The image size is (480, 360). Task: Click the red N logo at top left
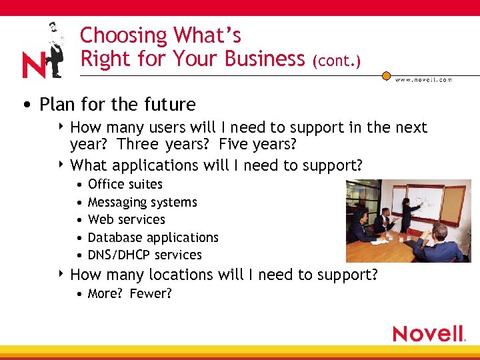point(33,65)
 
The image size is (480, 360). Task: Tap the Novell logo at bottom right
point(429,334)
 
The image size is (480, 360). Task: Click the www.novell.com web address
point(423,79)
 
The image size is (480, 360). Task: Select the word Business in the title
point(265,59)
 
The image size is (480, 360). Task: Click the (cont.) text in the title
point(337,61)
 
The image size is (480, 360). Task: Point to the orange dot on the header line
point(386,76)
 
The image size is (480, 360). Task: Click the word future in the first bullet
point(171,105)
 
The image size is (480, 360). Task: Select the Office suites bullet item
point(125,184)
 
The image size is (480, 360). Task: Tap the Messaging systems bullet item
point(142,202)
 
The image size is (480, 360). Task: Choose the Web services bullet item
point(126,219)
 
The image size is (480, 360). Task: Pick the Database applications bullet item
point(153,237)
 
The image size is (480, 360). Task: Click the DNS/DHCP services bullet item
point(144,255)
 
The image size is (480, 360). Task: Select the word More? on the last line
point(103,293)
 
